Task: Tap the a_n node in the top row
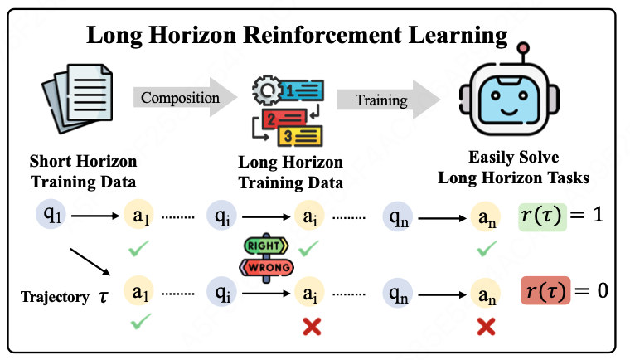[x=486, y=219]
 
